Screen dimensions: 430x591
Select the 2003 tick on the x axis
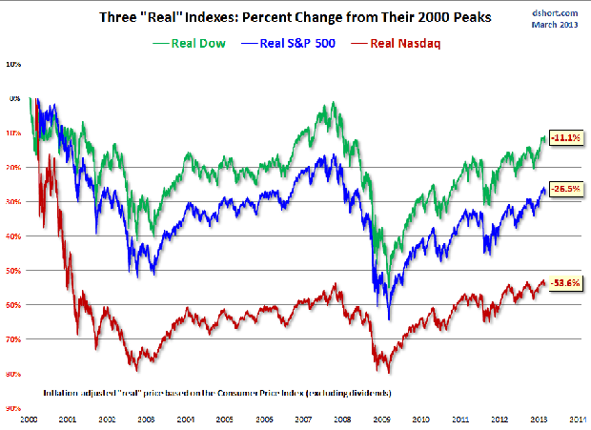(148, 419)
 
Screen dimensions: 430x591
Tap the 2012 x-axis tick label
(499, 419)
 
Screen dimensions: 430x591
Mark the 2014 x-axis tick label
(578, 419)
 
